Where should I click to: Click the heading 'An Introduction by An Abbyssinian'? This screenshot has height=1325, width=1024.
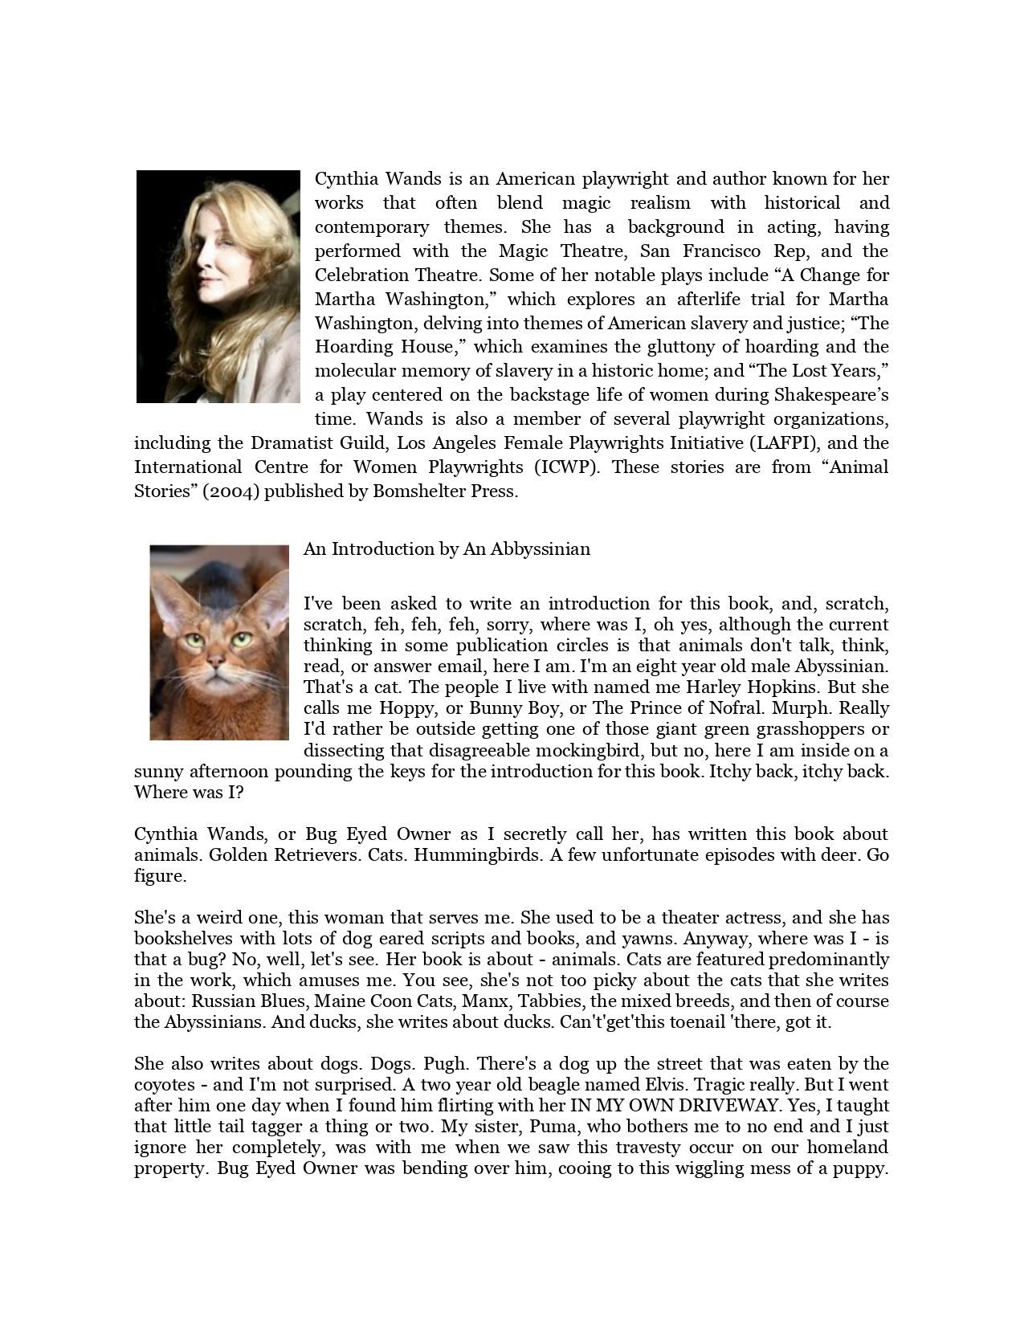pyautogui.click(x=447, y=549)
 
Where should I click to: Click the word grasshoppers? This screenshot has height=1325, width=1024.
pyautogui.click(x=841, y=729)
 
